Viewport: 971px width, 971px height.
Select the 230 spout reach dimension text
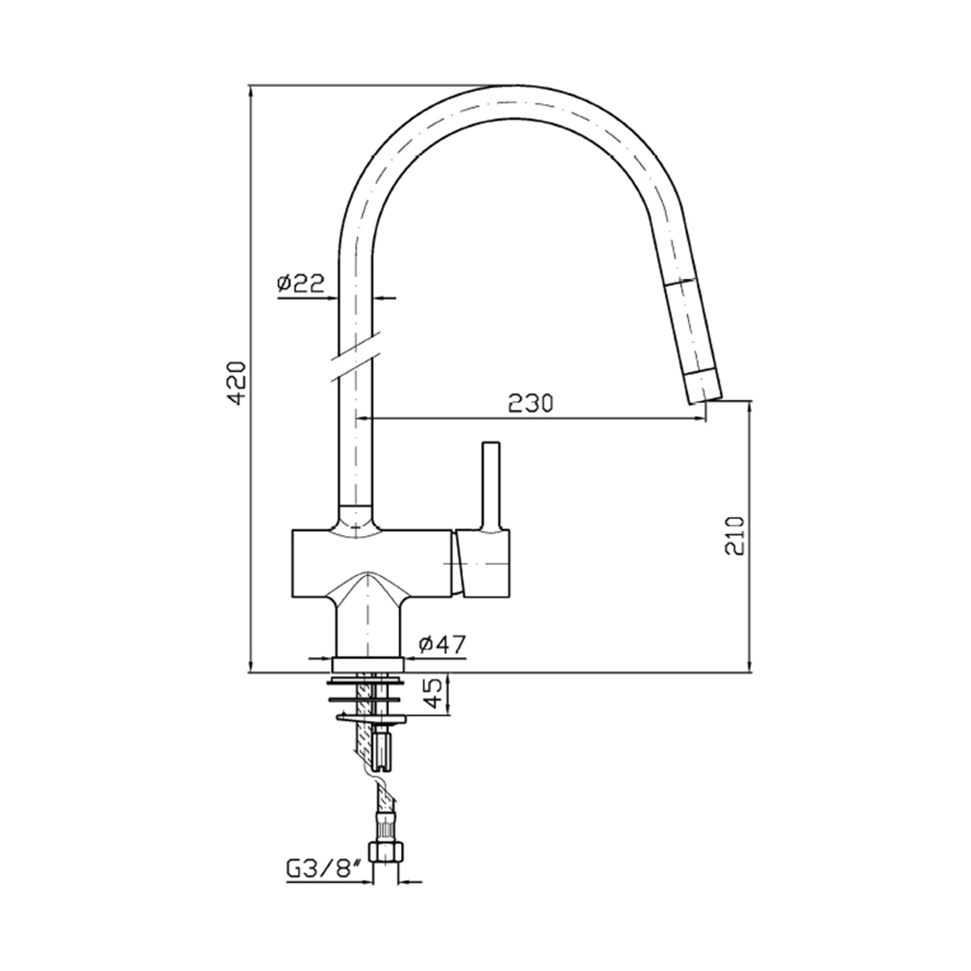tap(530, 403)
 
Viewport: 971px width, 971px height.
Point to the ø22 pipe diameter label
tap(301, 283)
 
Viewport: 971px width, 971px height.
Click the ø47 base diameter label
tap(442, 644)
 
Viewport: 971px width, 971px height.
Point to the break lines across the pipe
tap(356, 356)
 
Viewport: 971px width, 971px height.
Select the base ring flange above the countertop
tap(367, 664)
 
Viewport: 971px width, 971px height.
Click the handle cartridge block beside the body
tap(485, 563)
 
